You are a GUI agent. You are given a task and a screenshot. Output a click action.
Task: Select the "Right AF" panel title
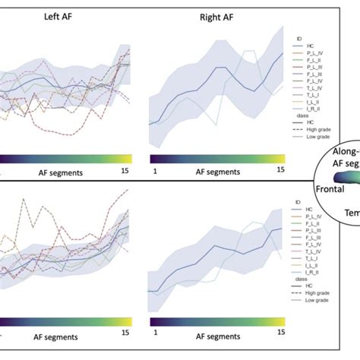click(216, 16)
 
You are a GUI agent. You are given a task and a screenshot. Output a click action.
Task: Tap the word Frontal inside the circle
click(331, 185)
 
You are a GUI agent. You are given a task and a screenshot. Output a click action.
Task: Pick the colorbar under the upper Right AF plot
click(216, 158)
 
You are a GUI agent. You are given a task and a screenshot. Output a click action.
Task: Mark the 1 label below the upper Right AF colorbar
click(154, 172)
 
